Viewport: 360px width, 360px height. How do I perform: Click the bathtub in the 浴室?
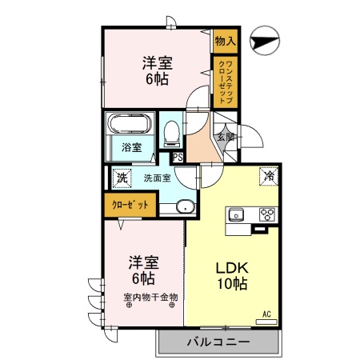click(x=127, y=126)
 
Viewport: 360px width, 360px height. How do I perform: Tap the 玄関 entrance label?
click(x=226, y=137)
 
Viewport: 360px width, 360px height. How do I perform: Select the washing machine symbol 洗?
click(x=122, y=178)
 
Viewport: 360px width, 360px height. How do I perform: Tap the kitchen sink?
click(x=238, y=214)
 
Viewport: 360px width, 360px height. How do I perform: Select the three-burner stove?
click(x=268, y=214)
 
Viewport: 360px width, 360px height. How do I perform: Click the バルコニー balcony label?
click(x=218, y=342)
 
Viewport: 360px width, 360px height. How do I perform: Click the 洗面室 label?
click(x=157, y=178)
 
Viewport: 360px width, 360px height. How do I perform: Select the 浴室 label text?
click(x=131, y=148)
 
